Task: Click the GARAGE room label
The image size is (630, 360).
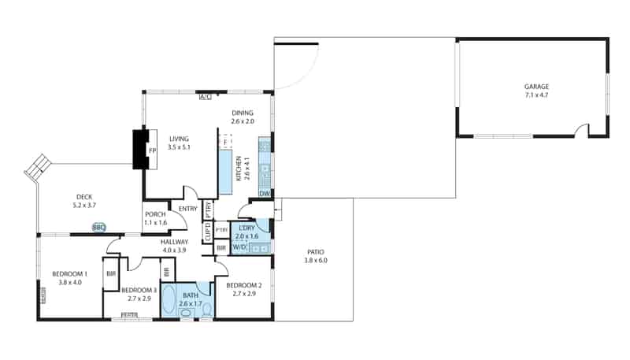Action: pyautogui.click(x=536, y=87)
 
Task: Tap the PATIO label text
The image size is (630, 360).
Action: pyautogui.click(x=315, y=252)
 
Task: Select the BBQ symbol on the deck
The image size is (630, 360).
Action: pyautogui.click(x=98, y=228)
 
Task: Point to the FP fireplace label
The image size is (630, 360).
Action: pyautogui.click(x=152, y=150)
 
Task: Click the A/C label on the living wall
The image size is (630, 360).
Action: pyautogui.click(x=205, y=97)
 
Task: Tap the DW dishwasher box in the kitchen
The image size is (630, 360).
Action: pyautogui.click(x=265, y=193)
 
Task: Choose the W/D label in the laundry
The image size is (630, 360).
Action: pyautogui.click(x=239, y=247)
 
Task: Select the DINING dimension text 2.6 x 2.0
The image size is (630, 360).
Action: pyautogui.click(x=243, y=121)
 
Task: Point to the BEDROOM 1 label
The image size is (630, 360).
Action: pyautogui.click(x=69, y=273)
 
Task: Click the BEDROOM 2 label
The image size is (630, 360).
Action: pyautogui.click(x=243, y=284)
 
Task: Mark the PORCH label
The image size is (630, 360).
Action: pyautogui.click(x=154, y=214)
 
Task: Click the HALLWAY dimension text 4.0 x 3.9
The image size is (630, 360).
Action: pyautogui.click(x=174, y=250)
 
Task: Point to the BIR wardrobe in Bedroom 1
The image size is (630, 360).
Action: pyautogui.click(x=111, y=273)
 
